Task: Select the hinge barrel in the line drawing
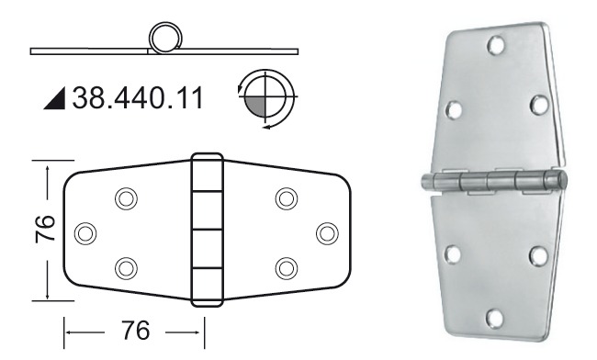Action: coord(207,229)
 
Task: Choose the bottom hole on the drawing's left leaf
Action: coord(126,267)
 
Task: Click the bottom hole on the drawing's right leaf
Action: coord(286,267)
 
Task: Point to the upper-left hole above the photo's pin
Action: coord(453,110)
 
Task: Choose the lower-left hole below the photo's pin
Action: coord(453,253)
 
